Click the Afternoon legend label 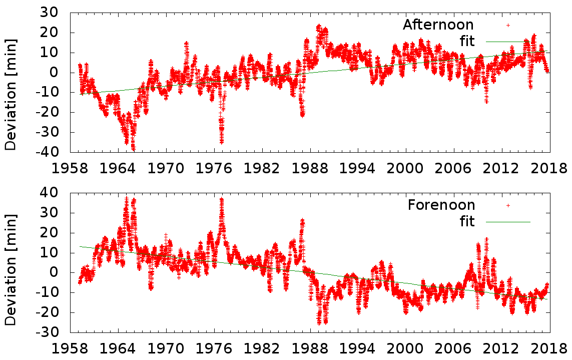tap(438, 25)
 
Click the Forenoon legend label tap(441, 205)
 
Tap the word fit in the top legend tap(467, 41)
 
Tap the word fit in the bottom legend tap(467, 221)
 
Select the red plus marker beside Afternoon tap(508, 25)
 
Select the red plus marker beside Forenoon tap(508, 205)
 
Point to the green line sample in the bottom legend tap(508, 221)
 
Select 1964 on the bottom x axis tap(119, 347)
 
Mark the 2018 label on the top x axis tap(549, 167)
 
